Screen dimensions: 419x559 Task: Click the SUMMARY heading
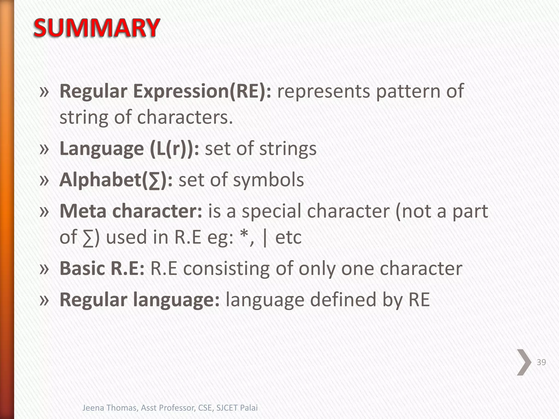click(x=96, y=28)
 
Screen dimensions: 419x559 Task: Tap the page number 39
click(x=541, y=362)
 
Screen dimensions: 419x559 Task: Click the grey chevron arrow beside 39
click(x=524, y=362)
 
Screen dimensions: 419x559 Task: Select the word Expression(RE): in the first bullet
click(x=202, y=91)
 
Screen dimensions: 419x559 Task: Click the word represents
click(x=323, y=91)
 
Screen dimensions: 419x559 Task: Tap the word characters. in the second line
click(x=185, y=117)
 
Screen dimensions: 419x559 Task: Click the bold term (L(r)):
click(x=174, y=149)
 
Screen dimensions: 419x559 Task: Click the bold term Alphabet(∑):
click(x=116, y=180)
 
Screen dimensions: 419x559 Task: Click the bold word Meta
click(x=83, y=211)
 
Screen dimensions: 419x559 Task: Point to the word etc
click(x=288, y=237)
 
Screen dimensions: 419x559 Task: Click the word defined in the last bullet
click(x=343, y=300)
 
